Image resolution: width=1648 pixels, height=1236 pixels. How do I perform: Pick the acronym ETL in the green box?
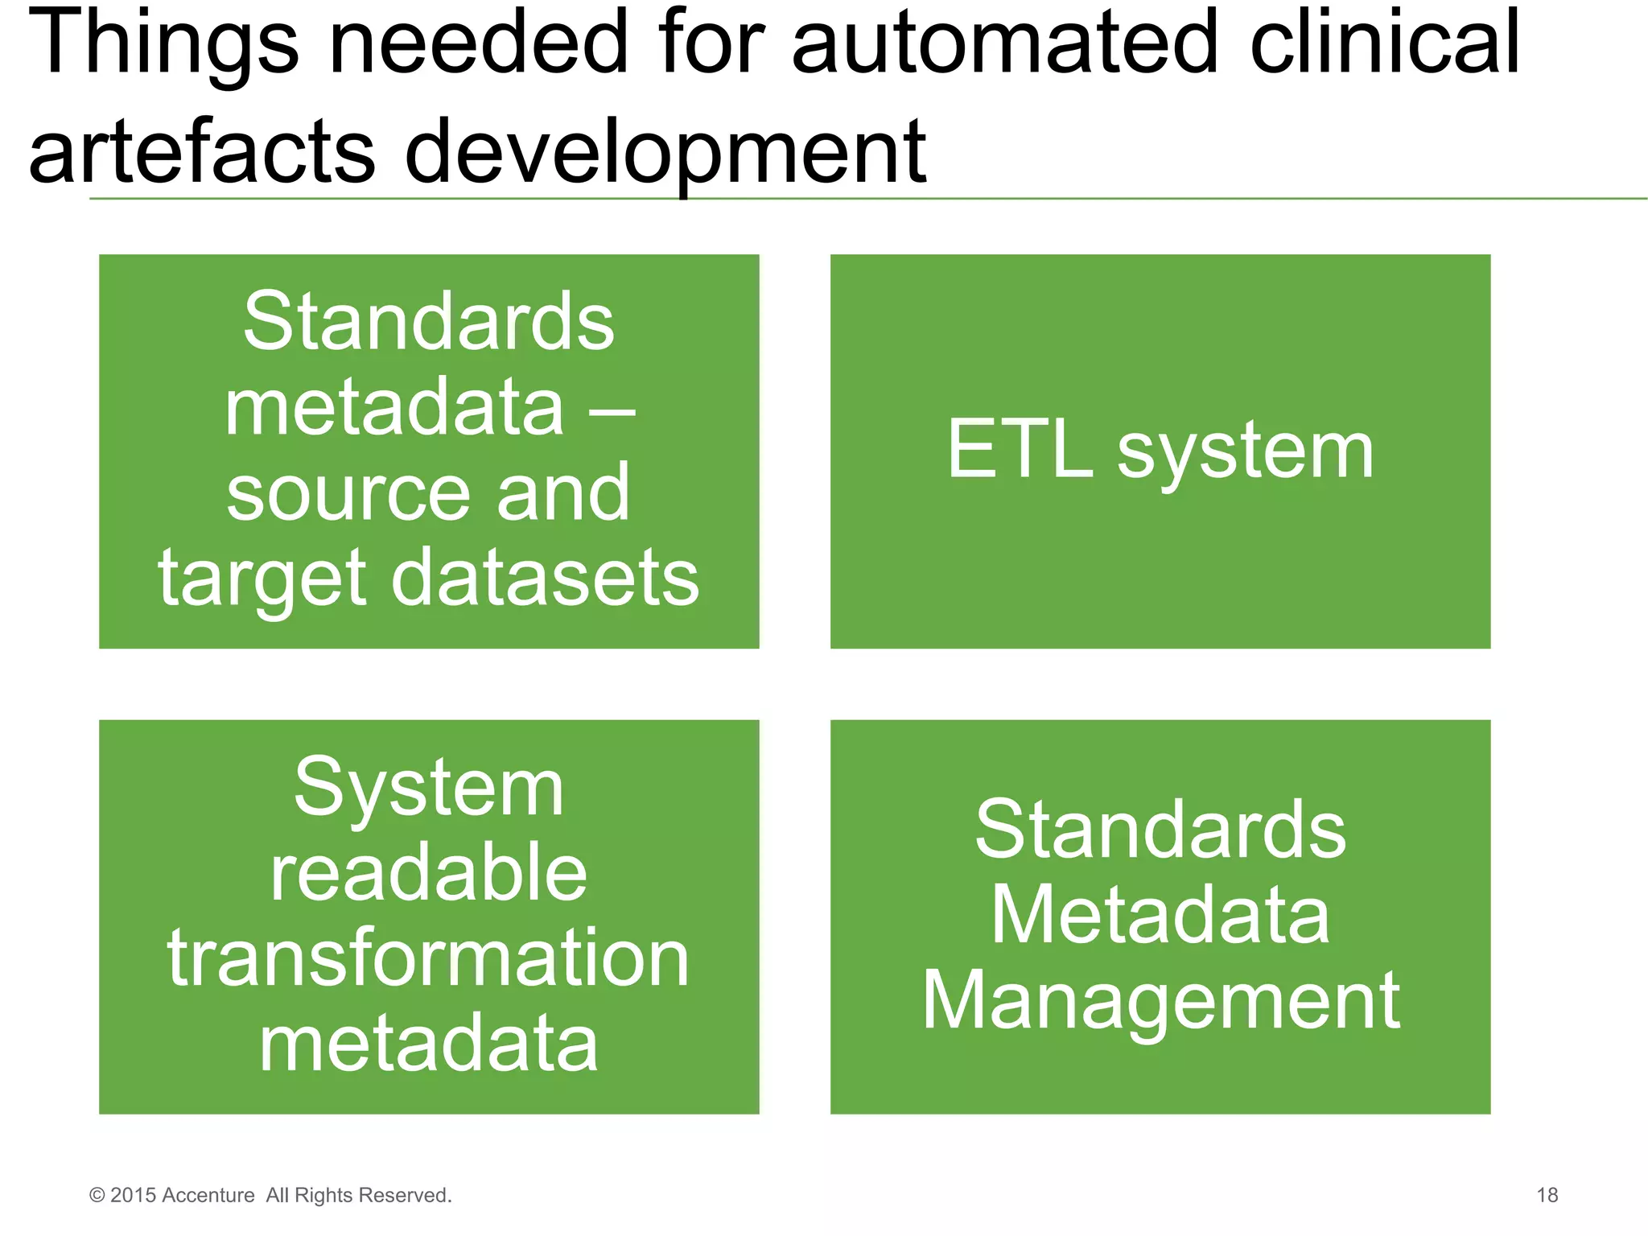[1020, 450]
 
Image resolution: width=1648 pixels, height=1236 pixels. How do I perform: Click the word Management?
[1160, 1003]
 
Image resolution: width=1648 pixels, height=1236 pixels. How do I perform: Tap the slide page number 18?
[1547, 1195]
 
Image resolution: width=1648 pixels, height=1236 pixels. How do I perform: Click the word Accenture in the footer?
[208, 1196]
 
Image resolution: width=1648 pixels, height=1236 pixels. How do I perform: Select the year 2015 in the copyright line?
[134, 1196]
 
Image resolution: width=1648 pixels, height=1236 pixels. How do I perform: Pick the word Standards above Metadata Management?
[1160, 830]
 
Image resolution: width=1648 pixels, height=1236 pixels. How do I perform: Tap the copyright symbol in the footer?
[97, 1196]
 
